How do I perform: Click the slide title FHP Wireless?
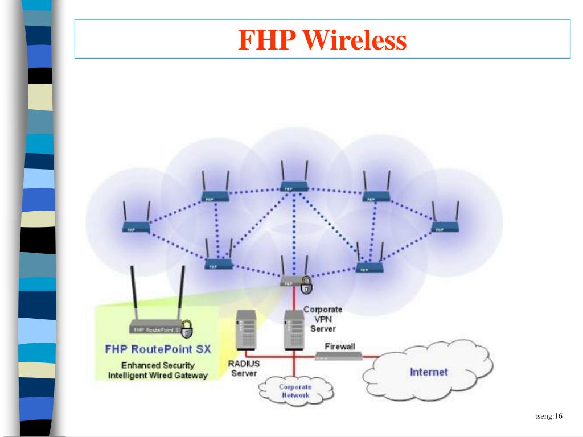[322, 40]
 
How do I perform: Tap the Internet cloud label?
[429, 372]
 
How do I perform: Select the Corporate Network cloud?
[295, 391]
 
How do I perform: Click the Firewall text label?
[340, 346]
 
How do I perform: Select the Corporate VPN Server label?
[323, 319]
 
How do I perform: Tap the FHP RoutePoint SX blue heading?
[158, 349]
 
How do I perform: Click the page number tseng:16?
[548, 417]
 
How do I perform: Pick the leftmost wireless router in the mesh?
[136, 228]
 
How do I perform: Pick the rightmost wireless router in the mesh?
[446, 228]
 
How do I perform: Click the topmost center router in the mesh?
[294, 185]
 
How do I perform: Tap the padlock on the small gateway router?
[307, 285]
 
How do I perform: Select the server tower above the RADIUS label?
[247, 330]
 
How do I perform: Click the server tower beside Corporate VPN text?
[294, 330]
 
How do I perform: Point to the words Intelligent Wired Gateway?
[158, 376]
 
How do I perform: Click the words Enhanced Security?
[158, 365]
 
